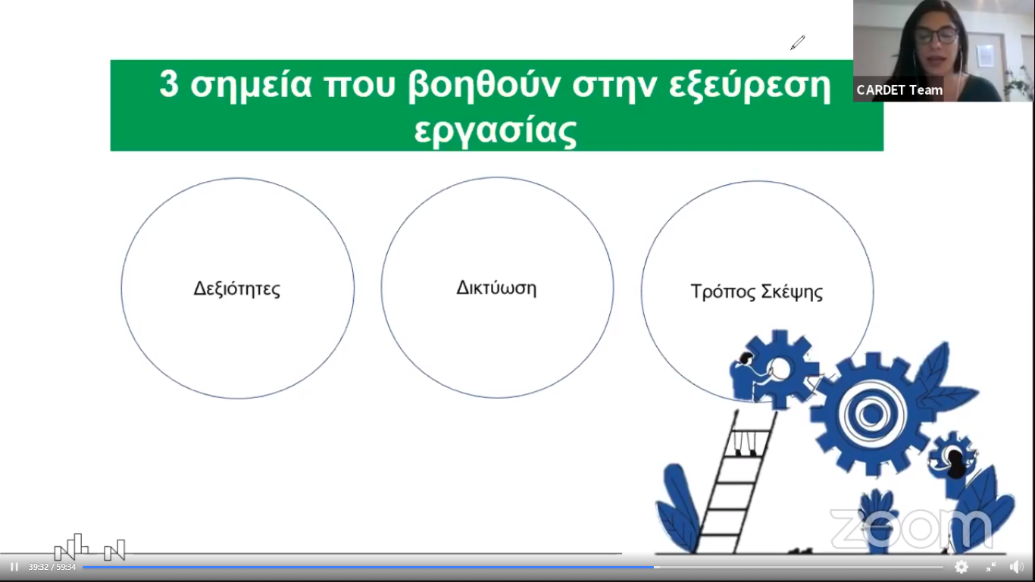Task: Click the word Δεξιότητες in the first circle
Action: click(236, 289)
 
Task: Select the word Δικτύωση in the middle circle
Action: click(496, 288)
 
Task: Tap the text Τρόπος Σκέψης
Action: click(756, 293)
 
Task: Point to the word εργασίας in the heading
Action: click(496, 131)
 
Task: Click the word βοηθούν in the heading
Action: click(484, 85)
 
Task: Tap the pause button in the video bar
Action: click(14, 567)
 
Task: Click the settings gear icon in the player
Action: click(961, 567)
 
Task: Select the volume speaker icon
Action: click(1016, 567)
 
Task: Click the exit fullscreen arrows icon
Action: click(990, 567)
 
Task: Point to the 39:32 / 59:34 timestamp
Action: click(52, 567)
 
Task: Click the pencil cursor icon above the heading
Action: click(798, 42)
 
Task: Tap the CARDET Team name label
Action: click(899, 90)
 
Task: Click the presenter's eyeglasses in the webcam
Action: click(936, 35)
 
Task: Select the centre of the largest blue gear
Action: click(871, 414)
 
